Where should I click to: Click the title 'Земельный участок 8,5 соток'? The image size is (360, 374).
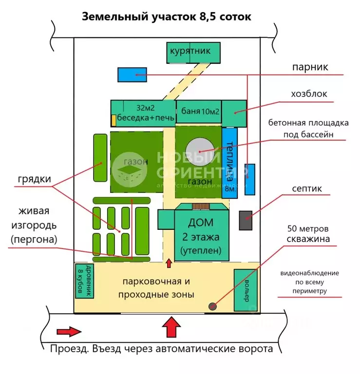click(167, 17)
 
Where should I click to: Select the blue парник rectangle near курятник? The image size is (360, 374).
click(132, 75)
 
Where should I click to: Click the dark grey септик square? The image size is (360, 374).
click(245, 221)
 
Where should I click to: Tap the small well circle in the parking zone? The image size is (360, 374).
click(212, 306)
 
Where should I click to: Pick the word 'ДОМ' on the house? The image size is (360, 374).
click(201, 224)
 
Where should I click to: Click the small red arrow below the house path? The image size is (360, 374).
click(169, 263)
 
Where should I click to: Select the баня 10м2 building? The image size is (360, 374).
click(198, 112)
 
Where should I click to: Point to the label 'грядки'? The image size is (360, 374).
click(35, 179)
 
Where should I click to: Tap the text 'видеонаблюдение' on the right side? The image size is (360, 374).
click(309, 273)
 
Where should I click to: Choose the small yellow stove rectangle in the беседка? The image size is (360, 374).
click(114, 120)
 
